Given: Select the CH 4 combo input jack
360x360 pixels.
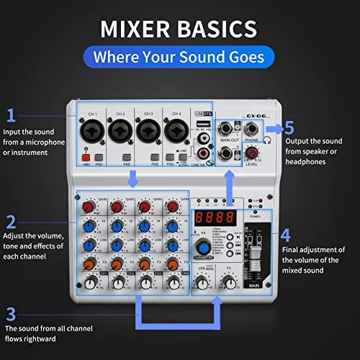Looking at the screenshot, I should click(174, 132).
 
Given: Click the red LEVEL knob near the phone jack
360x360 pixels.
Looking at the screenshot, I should click(253, 153).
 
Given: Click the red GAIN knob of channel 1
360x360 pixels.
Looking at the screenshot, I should click(90, 207).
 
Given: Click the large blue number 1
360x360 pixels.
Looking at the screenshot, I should click(11, 115).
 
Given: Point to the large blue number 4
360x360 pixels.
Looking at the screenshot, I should click(285, 235).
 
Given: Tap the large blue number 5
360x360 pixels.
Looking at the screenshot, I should click(289, 128).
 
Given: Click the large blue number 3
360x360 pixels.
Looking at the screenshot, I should click(11, 313).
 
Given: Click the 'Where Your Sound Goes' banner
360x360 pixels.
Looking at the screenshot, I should click(179, 56).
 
